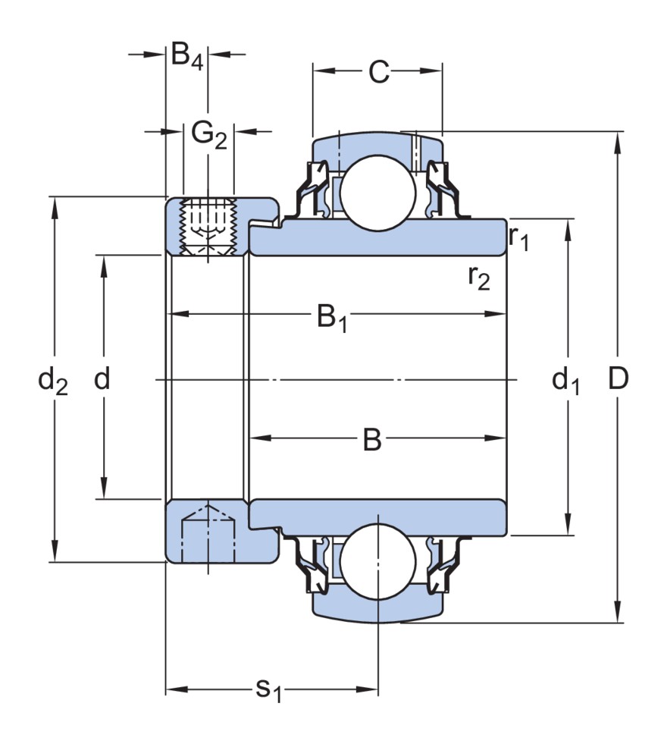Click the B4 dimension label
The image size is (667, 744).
click(186, 56)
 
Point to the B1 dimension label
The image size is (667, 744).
click(331, 317)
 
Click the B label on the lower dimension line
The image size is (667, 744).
click(371, 439)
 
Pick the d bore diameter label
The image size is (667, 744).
click(102, 379)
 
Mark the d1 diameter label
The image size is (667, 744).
click(565, 379)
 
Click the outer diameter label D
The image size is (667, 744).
click(618, 379)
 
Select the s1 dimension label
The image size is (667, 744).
click(268, 690)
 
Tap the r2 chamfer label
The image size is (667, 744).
click(479, 278)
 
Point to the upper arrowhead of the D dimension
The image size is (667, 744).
click(618, 139)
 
